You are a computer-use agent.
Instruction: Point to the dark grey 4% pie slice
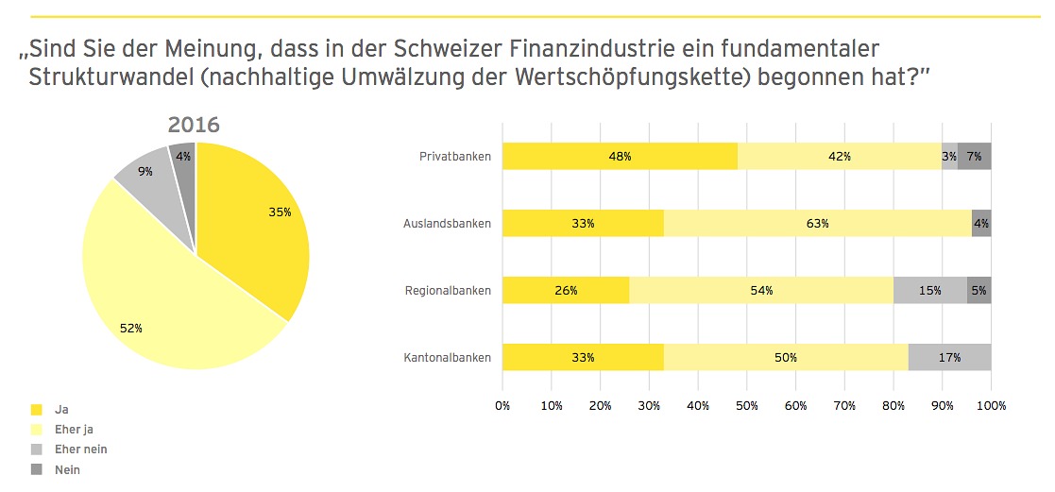[x=183, y=156]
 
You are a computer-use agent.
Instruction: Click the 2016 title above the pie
[x=194, y=125]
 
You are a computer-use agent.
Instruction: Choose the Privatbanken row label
[x=455, y=156]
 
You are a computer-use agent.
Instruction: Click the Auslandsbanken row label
[x=447, y=224]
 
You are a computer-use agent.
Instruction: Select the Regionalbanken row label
[x=448, y=290]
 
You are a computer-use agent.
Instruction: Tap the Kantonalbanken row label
[x=449, y=358]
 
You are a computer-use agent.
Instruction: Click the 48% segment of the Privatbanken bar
[x=619, y=156]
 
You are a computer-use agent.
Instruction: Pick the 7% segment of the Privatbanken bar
[x=974, y=156]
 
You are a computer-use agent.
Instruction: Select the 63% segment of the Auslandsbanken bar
[x=817, y=224]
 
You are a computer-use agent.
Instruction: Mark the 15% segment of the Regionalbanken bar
[x=929, y=290]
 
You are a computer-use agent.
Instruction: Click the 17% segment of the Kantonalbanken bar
[x=949, y=358]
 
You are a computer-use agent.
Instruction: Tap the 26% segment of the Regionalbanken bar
[x=565, y=290]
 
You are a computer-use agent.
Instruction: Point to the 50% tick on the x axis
[x=746, y=405]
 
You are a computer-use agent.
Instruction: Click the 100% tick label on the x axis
[x=991, y=405]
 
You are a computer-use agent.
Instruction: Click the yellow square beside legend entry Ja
[x=37, y=410]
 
